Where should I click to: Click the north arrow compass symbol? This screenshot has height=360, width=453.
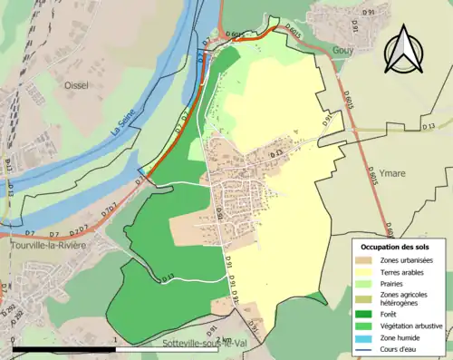(404, 49)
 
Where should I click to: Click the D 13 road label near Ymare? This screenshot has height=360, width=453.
(428, 124)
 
